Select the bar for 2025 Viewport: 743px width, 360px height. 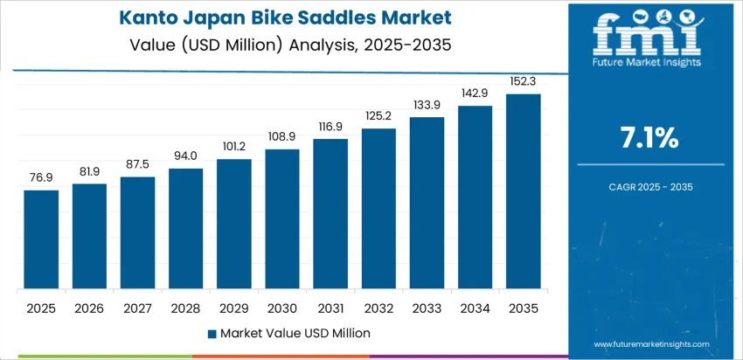coord(41,239)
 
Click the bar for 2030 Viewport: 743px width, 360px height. coord(282,219)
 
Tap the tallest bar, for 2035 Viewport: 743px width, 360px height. coord(524,191)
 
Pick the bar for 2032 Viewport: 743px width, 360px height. coord(378,209)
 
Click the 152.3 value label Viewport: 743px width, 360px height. coord(524,81)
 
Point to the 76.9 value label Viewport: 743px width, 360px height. coord(41,177)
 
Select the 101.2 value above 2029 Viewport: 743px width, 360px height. coord(234,146)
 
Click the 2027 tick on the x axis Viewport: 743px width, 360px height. coord(137,308)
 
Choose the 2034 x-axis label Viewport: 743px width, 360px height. coord(476,308)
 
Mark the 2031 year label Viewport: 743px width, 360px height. coord(330,308)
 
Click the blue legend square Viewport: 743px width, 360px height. coord(212,333)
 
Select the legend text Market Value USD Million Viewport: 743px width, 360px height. coord(295,333)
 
